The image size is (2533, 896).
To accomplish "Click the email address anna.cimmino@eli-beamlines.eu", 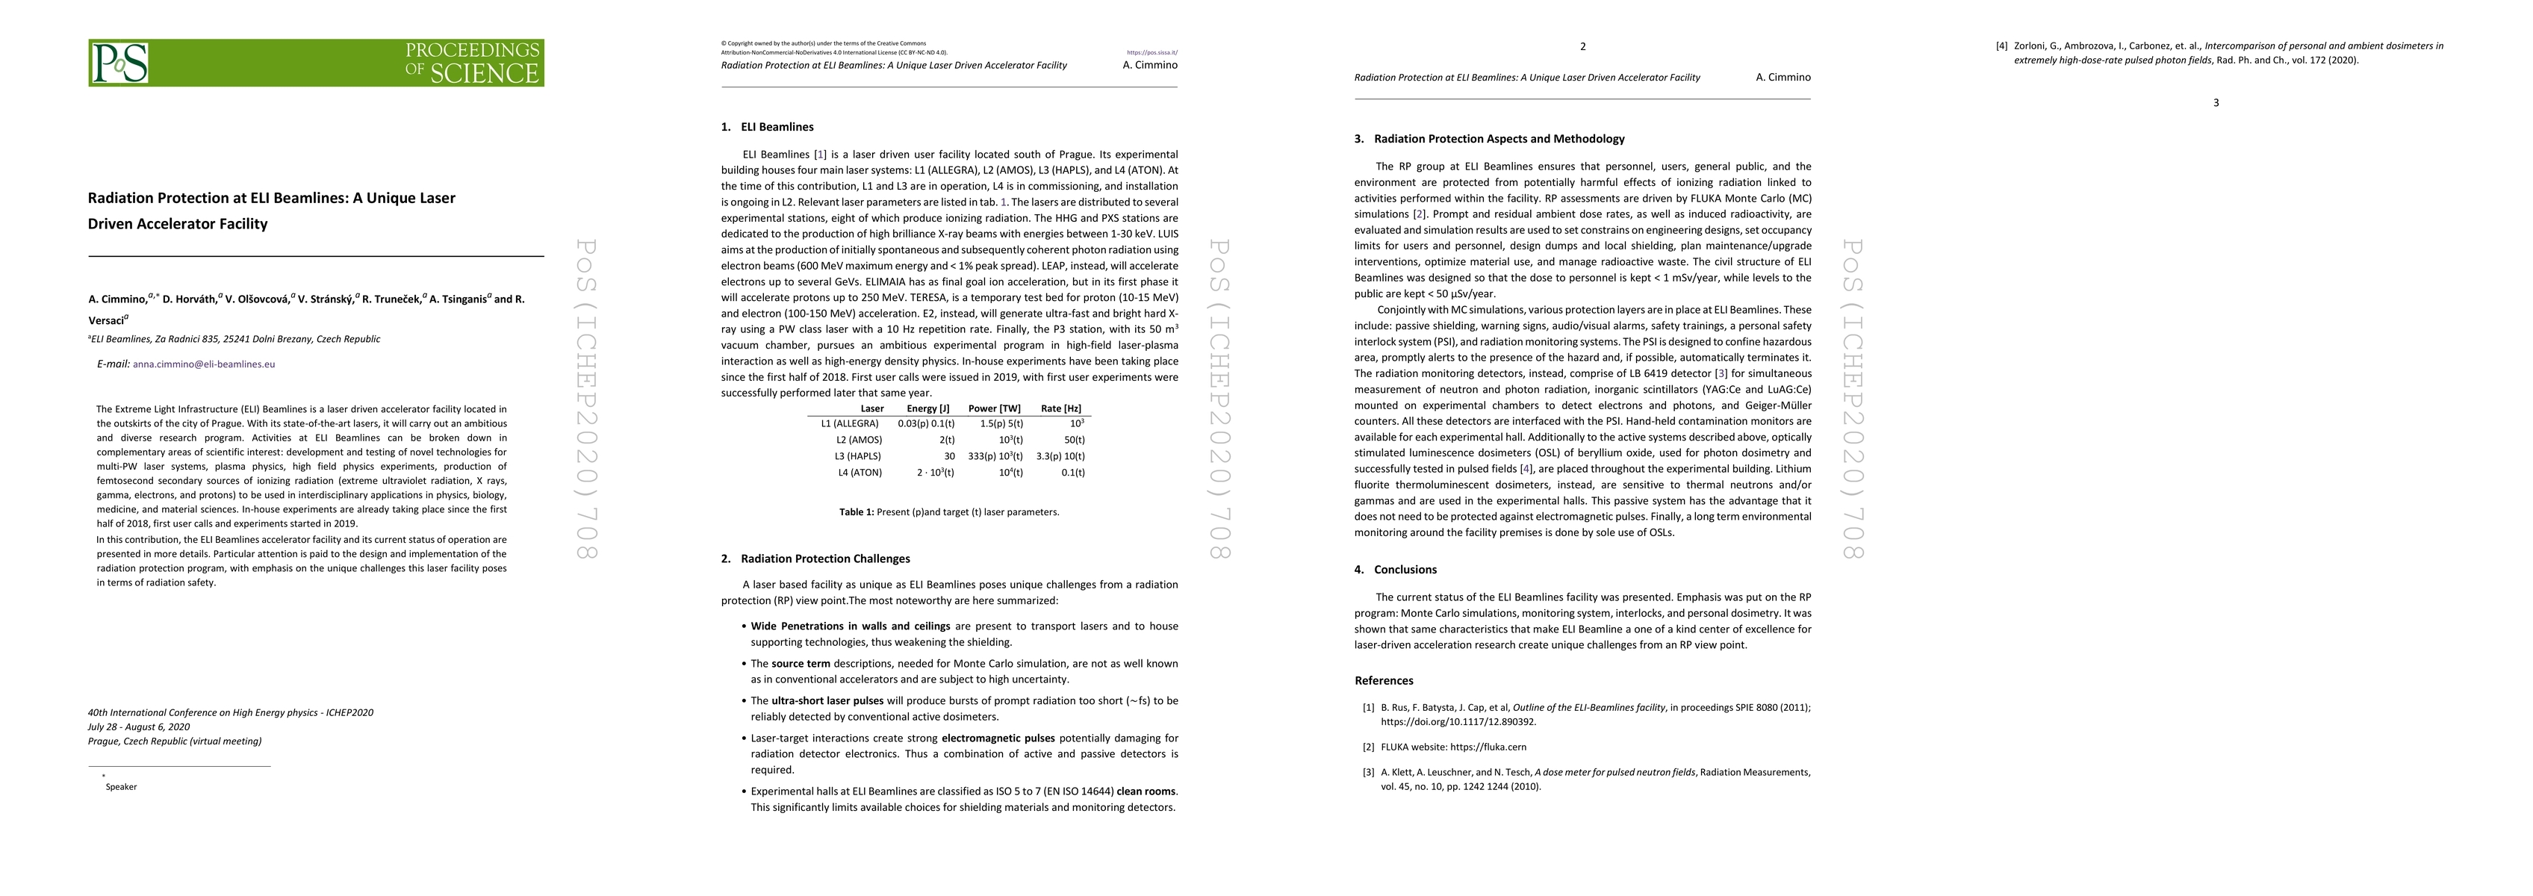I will click(x=204, y=364).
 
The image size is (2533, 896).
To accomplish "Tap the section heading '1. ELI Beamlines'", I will click(x=767, y=127).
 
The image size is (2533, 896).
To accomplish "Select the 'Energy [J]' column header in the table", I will click(x=927, y=408).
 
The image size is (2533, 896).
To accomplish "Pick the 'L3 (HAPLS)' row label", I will click(x=859, y=456).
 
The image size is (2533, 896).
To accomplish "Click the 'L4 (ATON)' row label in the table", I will click(x=860, y=472).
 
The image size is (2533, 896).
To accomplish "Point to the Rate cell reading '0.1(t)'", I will click(x=1073, y=472).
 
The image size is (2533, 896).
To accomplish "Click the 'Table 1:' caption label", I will click(x=857, y=512).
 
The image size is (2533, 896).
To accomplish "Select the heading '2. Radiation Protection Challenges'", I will click(x=815, y=559).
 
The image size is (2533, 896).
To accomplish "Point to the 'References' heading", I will click(x=1384, y=681).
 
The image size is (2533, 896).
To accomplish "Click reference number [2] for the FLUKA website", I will click(x=1368, y=747).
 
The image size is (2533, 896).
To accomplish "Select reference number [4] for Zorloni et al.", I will click(x=2001, y=46).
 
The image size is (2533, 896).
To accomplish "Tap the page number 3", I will click(x=2216, y=103).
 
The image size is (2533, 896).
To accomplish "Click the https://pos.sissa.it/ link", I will click(x=1151, y=53).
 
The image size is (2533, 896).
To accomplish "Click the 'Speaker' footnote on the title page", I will click(x=121, y=787).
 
